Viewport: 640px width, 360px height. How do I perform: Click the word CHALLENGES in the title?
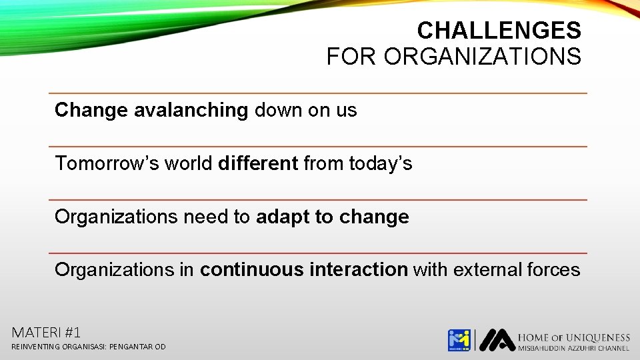[499, 31]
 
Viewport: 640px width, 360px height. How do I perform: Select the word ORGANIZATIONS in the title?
[482, 57]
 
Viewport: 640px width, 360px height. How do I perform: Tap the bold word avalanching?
[191, 110]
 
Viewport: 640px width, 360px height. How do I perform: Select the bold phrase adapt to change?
[332, 217]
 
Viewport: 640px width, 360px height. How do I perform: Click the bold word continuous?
[252, 270]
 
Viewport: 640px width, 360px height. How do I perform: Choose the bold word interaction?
[359, 270]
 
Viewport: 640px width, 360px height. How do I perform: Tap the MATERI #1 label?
[46, 331]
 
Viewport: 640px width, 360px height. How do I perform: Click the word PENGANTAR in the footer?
[130, 347]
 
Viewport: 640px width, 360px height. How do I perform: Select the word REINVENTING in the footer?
[34, 347]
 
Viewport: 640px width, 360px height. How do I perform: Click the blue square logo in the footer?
[459, 340]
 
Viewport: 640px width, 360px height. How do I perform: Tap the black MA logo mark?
[497, 340]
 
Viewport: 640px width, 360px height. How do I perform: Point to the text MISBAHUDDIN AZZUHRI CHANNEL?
[573, 348]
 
